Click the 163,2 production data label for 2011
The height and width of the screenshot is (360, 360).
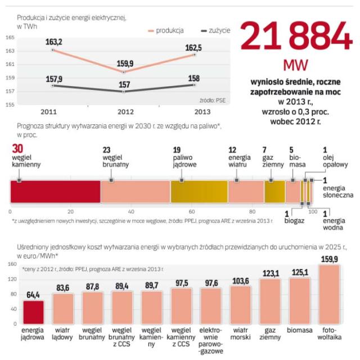53,42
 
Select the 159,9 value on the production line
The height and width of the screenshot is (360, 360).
124,64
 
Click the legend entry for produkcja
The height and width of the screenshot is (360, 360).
172,30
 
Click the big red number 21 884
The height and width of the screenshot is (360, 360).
296,38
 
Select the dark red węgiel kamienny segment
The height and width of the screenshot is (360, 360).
55,192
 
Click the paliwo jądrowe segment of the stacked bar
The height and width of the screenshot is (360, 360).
199,192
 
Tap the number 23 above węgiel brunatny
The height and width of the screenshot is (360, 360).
107,150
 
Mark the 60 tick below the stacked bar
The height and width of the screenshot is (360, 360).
192,212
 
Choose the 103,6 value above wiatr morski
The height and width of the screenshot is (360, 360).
240,280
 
